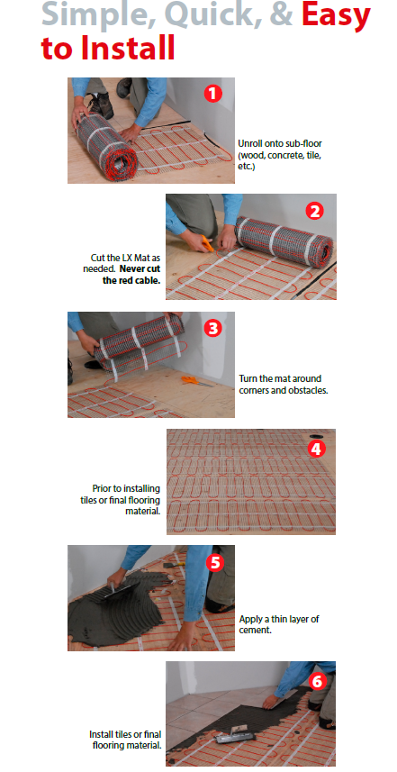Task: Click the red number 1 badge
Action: pos(212,94)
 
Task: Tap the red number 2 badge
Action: pos(314,211)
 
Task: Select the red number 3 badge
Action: pos(212,329)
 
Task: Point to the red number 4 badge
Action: pos(316,449)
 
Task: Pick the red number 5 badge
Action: pos(214,562)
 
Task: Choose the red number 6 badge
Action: pos(316,681)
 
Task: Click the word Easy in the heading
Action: pos(336,14)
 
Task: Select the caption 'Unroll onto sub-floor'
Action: pos(280,144)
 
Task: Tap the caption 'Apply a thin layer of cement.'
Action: pos(279,623)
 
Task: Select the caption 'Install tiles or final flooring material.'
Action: pos(125,740)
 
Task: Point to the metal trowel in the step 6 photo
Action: pos(235,736)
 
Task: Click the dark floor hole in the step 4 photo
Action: pos(314,435)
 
